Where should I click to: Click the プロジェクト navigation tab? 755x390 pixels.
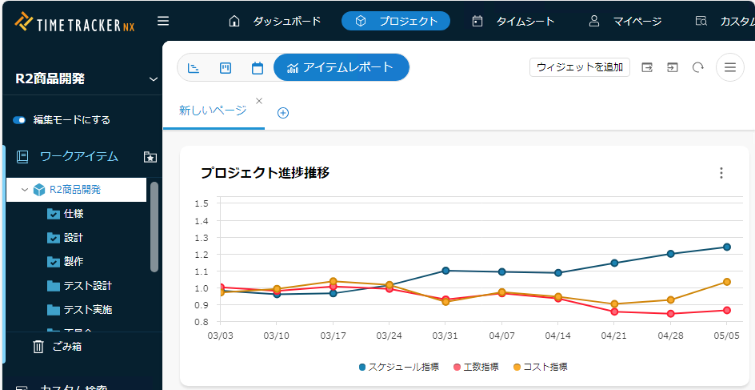click(x=396, y=21)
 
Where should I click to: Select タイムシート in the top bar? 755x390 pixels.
click(x=513, y=21)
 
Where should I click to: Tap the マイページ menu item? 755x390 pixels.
click(x=625, y=21)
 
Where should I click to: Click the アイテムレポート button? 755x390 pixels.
click(x=341, y=67)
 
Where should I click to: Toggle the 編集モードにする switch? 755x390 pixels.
click(x=20, y=120)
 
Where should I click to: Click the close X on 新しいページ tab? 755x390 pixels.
click(x=259, y=101)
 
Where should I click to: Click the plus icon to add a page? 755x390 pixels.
click(x=283, y=113)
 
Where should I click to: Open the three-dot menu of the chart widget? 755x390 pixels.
click(x=721, y=173)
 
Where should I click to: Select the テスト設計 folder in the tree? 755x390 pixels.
click(x=87, y=286)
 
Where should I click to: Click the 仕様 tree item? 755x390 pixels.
click(x=74, y=214)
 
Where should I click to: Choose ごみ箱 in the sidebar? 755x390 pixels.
click(x=67, y=347)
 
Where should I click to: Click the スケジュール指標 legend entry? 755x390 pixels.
click(x=399, y=367)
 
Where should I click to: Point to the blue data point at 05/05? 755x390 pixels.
click(x=727, y=247)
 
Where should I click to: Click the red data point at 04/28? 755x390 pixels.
click(x=670, y=314)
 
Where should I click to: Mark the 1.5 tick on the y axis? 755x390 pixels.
click(x=202, y=203)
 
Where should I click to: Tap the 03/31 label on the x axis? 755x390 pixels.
click(x=445, y=336)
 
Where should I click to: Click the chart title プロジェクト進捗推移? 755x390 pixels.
click(x=265, y=173)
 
